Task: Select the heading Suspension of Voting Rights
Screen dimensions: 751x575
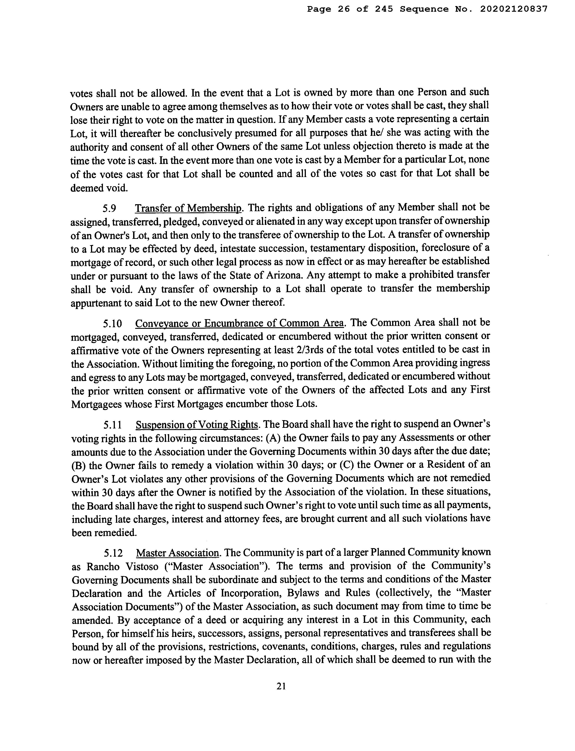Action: click(197, 425)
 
